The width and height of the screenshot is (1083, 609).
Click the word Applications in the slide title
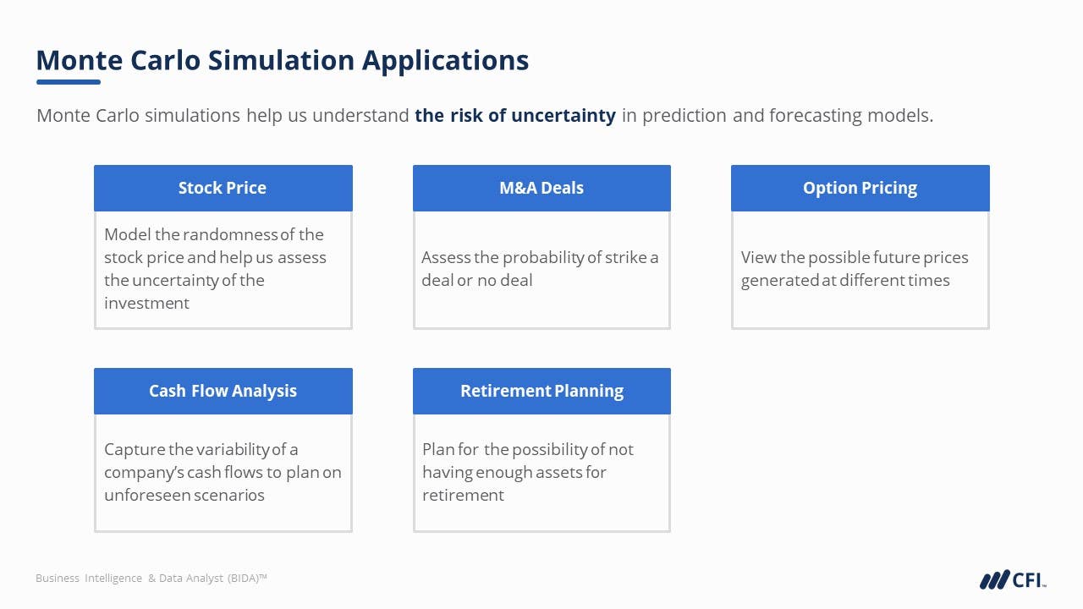445,62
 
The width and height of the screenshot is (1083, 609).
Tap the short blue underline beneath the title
69,82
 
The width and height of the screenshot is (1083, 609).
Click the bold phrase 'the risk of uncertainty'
515,116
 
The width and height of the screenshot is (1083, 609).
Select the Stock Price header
223,188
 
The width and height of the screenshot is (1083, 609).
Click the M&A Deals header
541,188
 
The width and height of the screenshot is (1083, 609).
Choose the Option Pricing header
860,188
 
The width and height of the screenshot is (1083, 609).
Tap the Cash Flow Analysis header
223,391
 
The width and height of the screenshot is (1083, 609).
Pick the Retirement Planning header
541,391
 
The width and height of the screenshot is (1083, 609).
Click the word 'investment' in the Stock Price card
146,303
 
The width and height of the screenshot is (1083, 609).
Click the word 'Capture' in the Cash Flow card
135,450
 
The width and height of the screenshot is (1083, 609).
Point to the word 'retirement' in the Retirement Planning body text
463,496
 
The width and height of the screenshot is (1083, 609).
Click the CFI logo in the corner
1013,579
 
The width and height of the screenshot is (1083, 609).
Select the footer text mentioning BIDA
151,578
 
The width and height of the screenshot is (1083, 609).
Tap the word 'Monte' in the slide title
80,61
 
